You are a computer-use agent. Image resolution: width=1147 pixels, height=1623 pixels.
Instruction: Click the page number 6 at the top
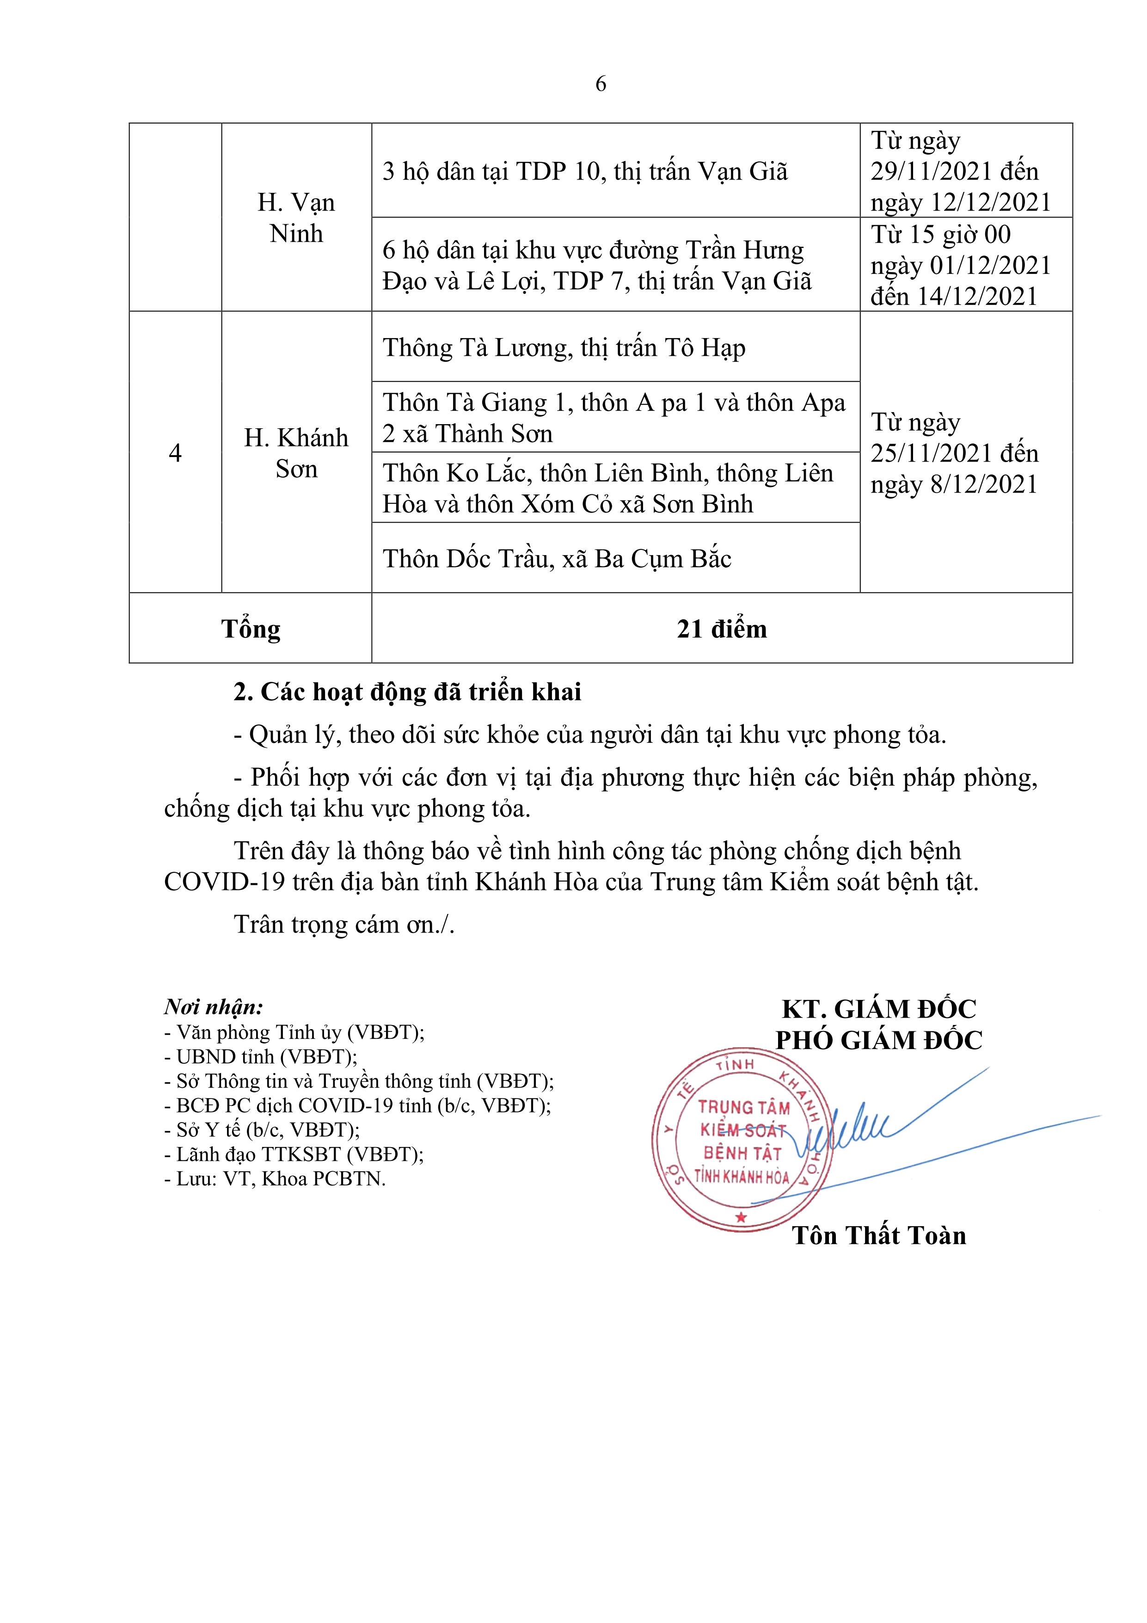click(x=601, y=84)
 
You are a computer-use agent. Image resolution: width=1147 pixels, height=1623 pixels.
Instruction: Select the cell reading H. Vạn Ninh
click(x=296, y=218)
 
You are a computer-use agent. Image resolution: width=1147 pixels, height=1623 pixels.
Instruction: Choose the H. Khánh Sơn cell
click(x=296, y=453)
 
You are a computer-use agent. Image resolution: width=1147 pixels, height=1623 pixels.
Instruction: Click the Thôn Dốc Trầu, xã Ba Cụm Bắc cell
click(x=557, y=558)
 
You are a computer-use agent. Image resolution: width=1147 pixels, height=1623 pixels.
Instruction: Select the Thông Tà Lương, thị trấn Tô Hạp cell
click(x=564, y=348)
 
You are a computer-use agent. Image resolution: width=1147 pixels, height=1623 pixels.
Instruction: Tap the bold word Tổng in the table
click(x=251, y=629)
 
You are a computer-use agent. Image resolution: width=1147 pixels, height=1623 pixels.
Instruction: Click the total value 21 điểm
click(x=722, y=629)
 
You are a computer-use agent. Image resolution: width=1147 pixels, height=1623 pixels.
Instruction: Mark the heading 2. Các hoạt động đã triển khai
click(x=408, y=692)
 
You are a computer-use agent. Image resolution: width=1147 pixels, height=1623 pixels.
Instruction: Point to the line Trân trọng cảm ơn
click(x=344, y=925)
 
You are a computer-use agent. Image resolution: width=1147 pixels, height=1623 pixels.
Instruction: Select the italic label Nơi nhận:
click(x=214, y=1006)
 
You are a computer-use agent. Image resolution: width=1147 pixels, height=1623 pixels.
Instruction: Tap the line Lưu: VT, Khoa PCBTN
click(x=275, y=1179)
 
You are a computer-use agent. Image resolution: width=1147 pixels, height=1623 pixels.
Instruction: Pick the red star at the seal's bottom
click(x=741, y=1218)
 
